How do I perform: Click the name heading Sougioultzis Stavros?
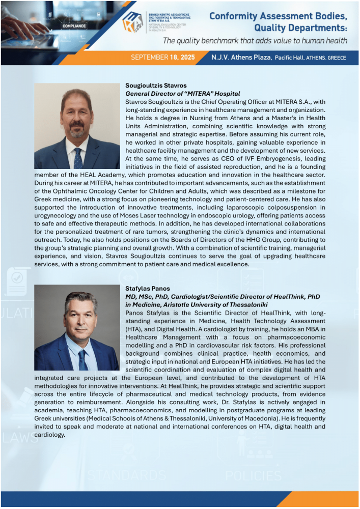click(x=156, y=86)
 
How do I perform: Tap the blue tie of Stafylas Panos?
click(x=82, y=360)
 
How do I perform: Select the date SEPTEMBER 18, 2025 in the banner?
click(x=162, y=58)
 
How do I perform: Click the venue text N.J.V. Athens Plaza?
click(x=241, y=58)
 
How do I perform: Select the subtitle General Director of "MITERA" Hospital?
click(x=182, y=94)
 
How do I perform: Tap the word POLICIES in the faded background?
click(x=253, y=476)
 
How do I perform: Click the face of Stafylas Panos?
click(x=80, y=318)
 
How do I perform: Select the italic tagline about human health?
click(x=255, y=41)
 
